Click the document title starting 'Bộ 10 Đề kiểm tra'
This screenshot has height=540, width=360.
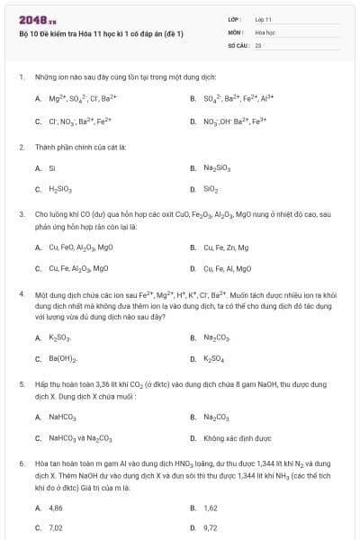[x=101, y=34]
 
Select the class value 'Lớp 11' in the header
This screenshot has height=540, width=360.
[x=263, y=19]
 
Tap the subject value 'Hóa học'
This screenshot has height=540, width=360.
[x=265, y=31]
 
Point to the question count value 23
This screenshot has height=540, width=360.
[x=258, y=43]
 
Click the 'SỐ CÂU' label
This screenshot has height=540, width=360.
[x=237, y=43]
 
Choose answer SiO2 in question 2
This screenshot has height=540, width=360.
[x=211, y=190]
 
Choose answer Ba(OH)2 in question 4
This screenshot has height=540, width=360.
[x=61, y=359]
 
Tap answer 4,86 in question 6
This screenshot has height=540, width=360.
[x=56, y=508]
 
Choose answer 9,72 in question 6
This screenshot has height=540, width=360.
[x=211, y=528]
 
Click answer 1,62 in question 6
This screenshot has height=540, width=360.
[x=211, y=508]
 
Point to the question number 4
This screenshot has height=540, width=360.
[x=21, y=294]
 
